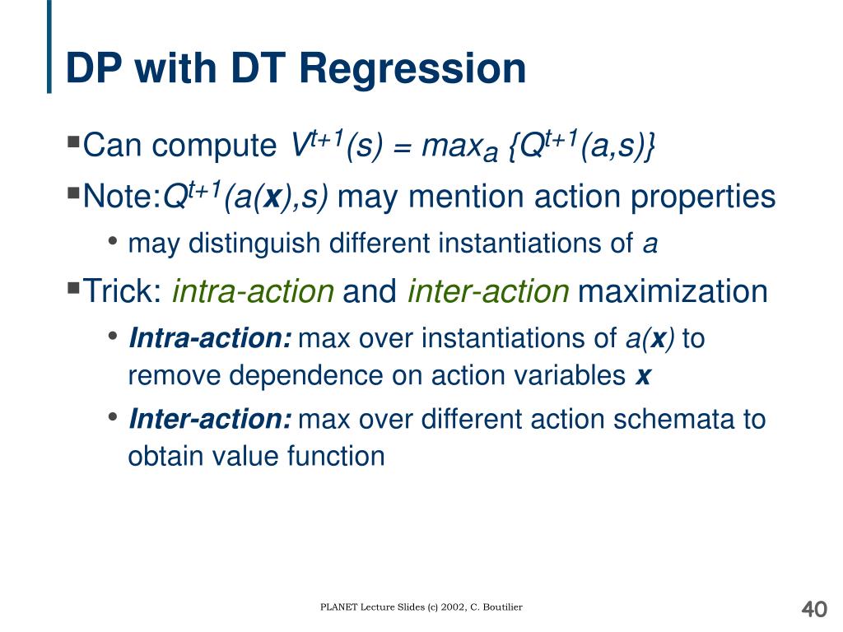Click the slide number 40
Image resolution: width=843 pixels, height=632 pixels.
(814, 609)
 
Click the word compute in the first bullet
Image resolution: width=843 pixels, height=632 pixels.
(214, 146)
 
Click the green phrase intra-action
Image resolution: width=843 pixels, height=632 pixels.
(254, 291)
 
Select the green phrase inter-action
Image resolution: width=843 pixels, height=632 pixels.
(488, 291)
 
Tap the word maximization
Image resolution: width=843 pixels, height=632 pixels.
(673, 291)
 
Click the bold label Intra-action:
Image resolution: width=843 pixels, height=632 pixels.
(210, 338)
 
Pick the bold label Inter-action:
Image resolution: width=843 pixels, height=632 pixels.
(210, 419)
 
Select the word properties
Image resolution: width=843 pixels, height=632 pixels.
(703, 197)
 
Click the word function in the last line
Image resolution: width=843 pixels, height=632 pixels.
(336, 456)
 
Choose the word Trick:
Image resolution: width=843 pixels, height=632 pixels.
(123, 291)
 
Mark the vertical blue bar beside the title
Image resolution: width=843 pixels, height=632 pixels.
(49, 46)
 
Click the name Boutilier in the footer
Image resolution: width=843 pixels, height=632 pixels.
(503, 607)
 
